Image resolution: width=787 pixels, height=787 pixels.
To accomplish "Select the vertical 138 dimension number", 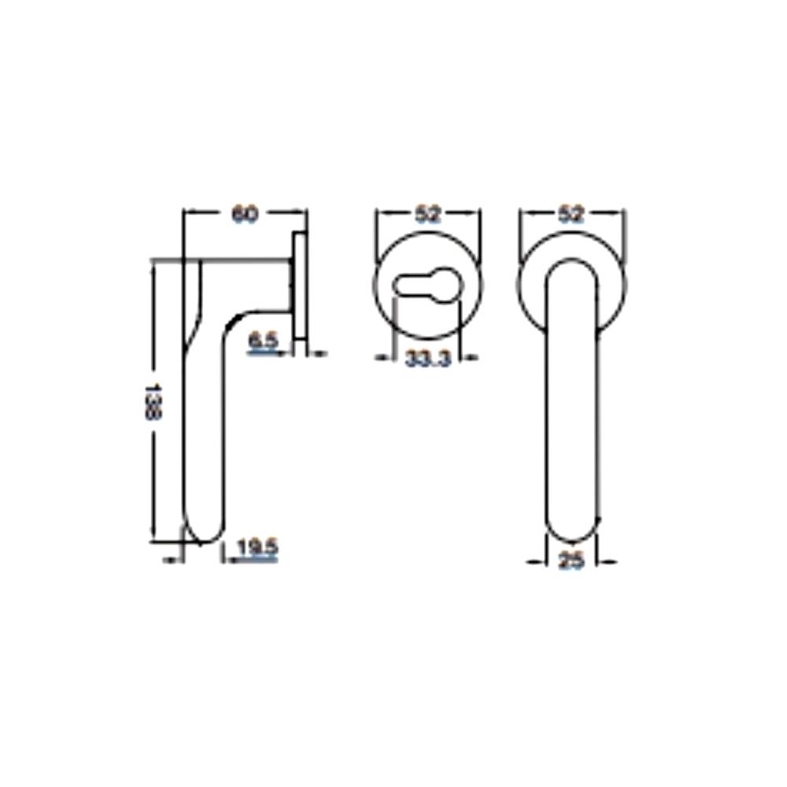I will click(x=155, y=401).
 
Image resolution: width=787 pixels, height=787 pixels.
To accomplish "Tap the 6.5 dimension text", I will click(x=263, y=342).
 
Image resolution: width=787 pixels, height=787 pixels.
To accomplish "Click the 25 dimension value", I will click(x=571, y=563).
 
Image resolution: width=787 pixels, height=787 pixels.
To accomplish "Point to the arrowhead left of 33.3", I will click(x=384, y=359).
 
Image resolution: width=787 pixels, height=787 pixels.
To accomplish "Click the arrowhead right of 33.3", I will click(x=471, y=359).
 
